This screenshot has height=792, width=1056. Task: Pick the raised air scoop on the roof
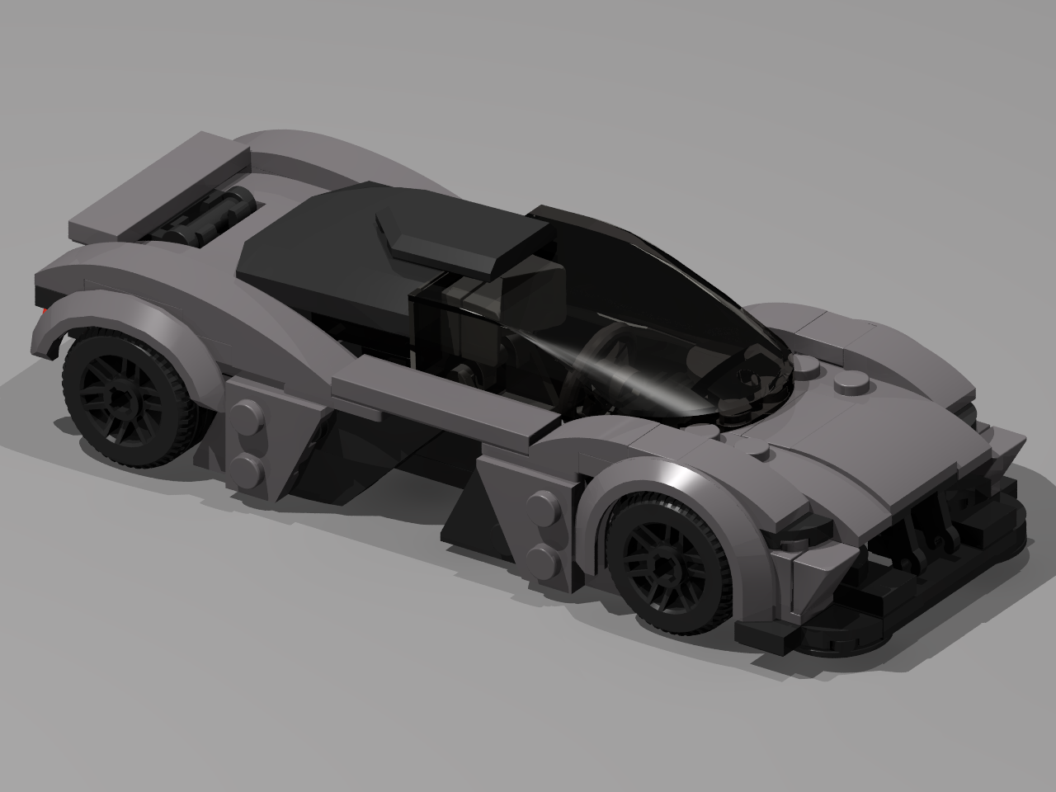coord(445,239)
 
